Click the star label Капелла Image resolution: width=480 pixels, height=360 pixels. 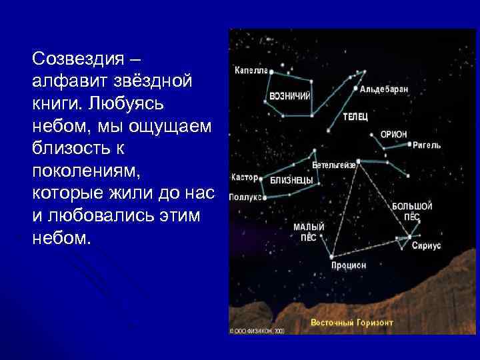pos(250,69)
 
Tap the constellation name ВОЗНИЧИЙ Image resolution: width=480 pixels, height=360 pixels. pos(290,96)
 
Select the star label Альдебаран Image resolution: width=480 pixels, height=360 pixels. pos(384,88)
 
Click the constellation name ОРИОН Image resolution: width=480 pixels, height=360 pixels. pos(393,134)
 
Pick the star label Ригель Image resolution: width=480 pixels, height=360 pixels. pos(426,145)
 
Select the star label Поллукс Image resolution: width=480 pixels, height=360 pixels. pos(245,197)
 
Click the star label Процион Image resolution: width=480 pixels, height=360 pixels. pos(348,265)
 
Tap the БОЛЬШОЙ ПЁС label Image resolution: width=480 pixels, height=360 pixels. pos(411,211)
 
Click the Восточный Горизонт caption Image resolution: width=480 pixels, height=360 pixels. pos(351,323)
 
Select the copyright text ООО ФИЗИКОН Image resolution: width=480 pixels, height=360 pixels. pos(257,330)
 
